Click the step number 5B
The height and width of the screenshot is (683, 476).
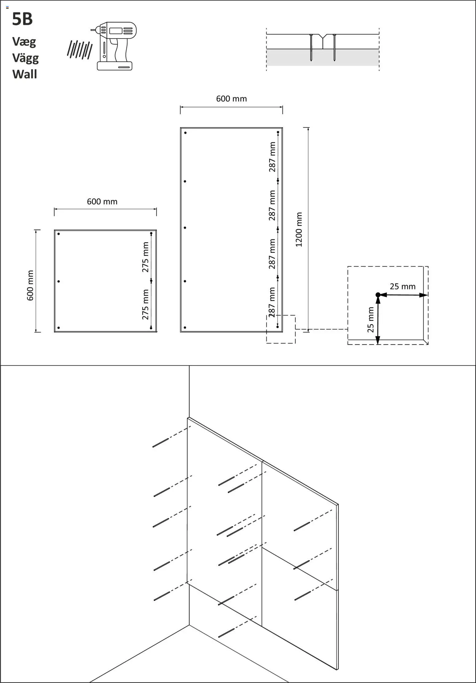point(22,19)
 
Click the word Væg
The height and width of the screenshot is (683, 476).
point(24,42)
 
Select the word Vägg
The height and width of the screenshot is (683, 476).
point(25,58)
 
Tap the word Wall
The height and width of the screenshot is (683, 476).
point(25,74)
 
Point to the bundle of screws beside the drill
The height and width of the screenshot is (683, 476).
point(80,49)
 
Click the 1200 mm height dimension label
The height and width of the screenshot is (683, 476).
point(299,229)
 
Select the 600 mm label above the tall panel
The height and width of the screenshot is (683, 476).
point(231,99)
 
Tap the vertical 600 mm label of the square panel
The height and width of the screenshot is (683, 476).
point(30,285)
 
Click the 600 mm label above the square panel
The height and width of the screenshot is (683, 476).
point(102,202)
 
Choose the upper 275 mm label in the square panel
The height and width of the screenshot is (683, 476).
point(145,257)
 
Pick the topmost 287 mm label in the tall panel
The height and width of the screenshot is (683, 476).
point(272,157)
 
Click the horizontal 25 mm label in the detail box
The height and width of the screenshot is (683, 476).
point(402,286)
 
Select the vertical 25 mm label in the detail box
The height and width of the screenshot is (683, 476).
point(371,320)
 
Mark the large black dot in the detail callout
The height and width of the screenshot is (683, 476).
point(378,295)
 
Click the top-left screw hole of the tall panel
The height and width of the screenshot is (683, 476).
point(185,133)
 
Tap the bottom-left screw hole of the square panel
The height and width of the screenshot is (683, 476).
point(59,328)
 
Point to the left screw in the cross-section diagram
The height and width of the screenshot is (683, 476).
point(311,48)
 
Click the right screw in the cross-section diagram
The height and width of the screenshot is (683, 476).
point(334,48)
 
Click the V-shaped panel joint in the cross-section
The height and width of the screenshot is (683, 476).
point(322,37)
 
